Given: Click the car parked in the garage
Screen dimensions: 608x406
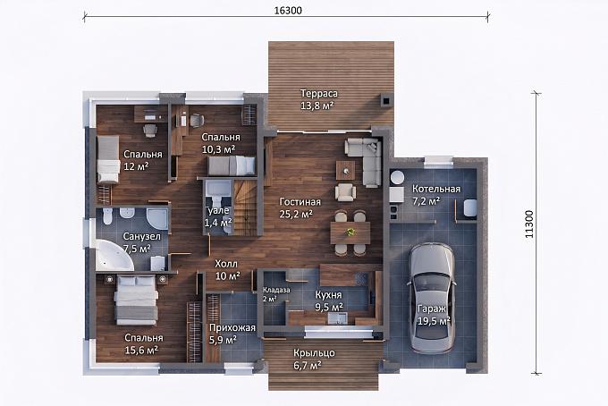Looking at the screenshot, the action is [430, 298].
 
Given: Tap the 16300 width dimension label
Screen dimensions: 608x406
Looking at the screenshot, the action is [288, 11].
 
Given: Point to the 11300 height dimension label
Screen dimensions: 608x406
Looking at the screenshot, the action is [529, 224].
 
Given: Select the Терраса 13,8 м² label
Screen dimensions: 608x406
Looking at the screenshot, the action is [318, 99].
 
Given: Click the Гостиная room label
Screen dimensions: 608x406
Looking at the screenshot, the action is [300, 202].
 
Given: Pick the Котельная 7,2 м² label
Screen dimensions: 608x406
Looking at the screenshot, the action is [435, 195].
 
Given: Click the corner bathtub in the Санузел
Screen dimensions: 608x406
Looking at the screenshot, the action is [114, 255].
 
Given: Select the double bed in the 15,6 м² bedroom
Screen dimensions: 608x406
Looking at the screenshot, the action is [136, 300].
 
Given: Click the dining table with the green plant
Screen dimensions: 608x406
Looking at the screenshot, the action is [350, 233].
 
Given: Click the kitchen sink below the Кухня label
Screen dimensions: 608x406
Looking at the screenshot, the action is [338, 318].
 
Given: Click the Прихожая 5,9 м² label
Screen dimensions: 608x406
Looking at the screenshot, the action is [232, 334].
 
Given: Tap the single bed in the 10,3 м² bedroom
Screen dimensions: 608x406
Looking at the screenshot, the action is [232, 165].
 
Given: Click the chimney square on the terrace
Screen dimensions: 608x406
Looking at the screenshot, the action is [386, 100].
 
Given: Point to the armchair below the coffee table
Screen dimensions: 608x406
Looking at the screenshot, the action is [345, 192].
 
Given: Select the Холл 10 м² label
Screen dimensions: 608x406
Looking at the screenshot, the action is [226, 270].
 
